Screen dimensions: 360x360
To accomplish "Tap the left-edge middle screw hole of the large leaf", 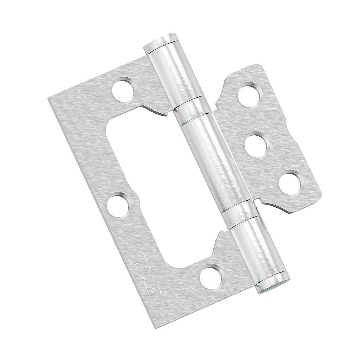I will [x=118, y=205].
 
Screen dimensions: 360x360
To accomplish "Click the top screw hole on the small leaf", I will [x=250, y=95].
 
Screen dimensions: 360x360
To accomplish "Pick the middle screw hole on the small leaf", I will [x=257, y=144].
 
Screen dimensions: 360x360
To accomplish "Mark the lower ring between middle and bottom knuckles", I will [x=239, y=213].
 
